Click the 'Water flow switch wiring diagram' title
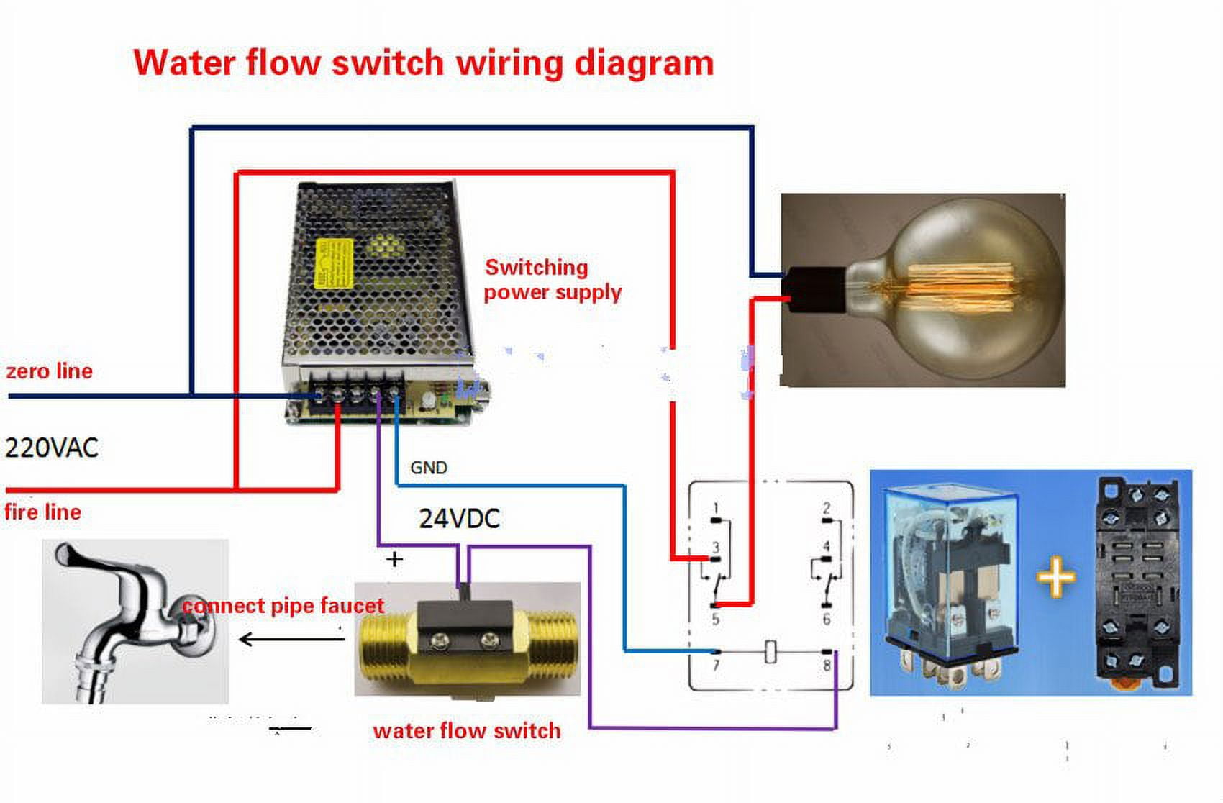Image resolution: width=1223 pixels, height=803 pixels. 423,63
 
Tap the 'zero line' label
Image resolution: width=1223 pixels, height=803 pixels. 49,371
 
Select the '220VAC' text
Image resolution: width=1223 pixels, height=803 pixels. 51,448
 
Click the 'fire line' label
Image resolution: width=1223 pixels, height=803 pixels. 42,512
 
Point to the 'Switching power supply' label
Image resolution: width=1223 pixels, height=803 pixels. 552,280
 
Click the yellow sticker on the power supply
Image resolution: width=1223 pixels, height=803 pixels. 335,263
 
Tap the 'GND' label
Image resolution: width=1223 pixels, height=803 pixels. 429,468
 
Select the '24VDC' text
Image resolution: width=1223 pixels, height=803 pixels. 459,519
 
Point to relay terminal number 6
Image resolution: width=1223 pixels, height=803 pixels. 827,618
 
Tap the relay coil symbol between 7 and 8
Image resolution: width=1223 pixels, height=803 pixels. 770,651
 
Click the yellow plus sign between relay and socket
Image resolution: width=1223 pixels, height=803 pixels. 1055,577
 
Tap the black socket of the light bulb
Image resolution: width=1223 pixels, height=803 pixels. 815,289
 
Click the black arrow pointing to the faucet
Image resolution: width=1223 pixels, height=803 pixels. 291,639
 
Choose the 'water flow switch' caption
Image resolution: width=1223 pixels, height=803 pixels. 466,731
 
